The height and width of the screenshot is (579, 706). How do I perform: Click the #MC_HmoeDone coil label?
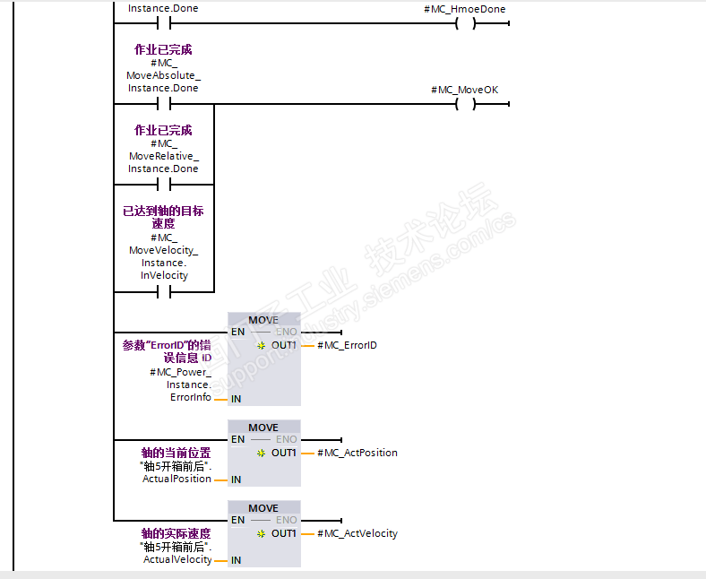(x=464, y=9)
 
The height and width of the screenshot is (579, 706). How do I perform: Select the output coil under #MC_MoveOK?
(x=464, y=104)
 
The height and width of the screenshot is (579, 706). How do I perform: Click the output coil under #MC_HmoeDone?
(x=464, y=23)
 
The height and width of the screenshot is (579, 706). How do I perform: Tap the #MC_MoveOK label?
(x=464, y=90)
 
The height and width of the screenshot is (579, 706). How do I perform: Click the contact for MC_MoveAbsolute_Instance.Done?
(x=163, y=104)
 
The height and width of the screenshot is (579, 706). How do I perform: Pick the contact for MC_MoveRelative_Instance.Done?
(x=163, y=185)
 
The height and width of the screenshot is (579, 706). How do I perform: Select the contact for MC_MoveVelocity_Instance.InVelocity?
(x=163, y=291)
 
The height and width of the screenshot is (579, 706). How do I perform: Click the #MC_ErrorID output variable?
(x=347, y=345)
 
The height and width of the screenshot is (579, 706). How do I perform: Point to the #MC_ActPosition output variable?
(x=357, y=453)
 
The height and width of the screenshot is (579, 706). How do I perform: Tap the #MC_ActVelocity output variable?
(x=357, y=533)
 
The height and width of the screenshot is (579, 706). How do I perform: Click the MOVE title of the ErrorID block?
(x=263, y=320)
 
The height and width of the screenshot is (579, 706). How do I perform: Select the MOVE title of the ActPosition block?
(x=263, y=428)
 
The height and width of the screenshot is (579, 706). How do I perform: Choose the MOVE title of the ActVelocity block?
(x=263, y=508)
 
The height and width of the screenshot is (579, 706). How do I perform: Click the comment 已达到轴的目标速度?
(x=163, y=217)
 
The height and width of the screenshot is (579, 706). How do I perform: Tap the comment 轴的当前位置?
(x=175, y=454)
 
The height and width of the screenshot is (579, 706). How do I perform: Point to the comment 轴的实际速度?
(x=175, y=534)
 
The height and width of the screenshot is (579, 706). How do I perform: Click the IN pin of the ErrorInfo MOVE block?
(x=237, y=399)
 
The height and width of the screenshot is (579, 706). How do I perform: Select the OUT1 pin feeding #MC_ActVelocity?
(x=284, y=533)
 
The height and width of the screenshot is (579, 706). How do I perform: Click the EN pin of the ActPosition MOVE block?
(x=237, y=439)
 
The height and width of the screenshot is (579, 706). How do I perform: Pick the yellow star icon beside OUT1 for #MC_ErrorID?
(x=261, y=345)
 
